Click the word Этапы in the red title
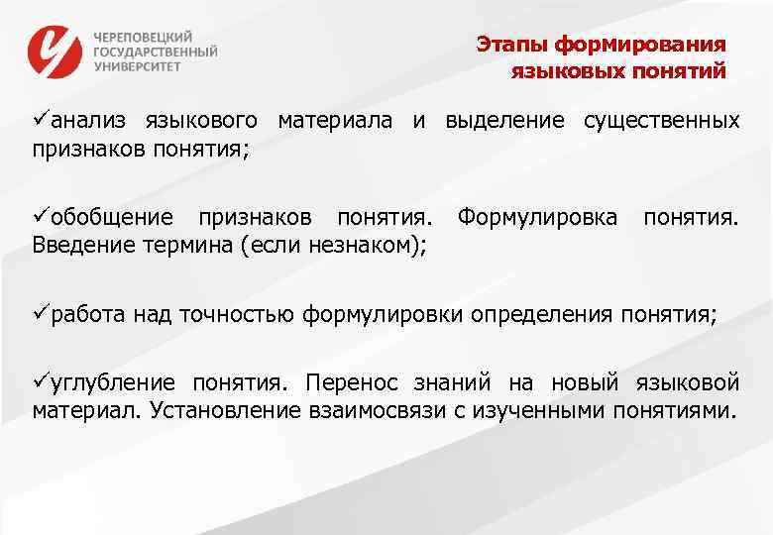coord(511,45)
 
